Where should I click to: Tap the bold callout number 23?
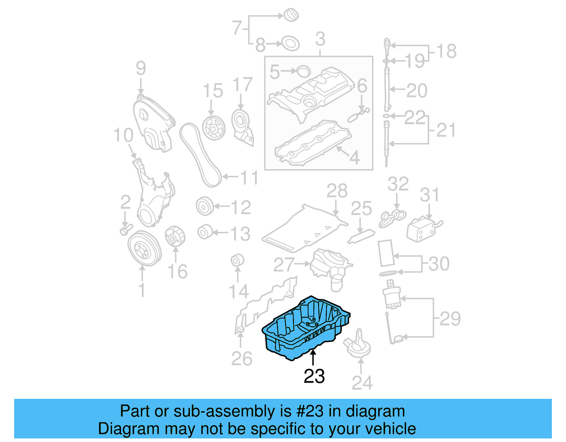point(314,376)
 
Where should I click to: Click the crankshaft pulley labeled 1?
point(144,248)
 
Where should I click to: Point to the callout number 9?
point(141,68)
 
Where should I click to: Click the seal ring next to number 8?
point(290,44)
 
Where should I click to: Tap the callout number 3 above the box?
point(320,39)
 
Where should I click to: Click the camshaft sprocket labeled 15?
point(214,128)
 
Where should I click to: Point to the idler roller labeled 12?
point(205,206)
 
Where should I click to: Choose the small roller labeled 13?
point(205,232)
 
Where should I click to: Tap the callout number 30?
point(439,264)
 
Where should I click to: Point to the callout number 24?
point(362,383)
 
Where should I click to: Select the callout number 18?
point(446,51)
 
